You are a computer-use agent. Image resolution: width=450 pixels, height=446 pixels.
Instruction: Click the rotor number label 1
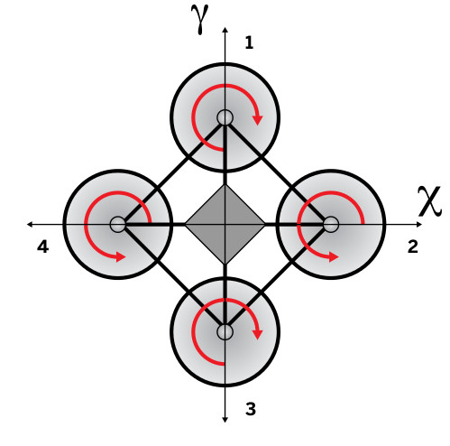[x=250, y=42]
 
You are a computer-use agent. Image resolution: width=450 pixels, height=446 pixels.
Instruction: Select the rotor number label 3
[x=250, y=409]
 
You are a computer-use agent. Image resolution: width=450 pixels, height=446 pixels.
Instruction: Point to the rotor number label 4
[x=42, y=246]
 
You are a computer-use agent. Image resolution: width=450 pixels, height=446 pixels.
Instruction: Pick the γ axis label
[x=199, y=15]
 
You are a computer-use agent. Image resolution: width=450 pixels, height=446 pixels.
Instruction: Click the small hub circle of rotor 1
[x=225, y=117]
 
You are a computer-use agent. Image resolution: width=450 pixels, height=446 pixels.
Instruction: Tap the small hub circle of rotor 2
[x=331, y=224]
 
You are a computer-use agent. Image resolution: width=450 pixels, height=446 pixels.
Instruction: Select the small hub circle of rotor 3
[x=225, y=332]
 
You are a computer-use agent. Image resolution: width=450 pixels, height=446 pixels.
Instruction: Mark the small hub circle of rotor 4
[x=117, y=224]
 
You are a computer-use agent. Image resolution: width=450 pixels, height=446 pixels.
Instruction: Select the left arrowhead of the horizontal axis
[x=32, y=224]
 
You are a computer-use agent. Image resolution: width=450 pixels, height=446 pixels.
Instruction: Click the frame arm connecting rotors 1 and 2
[x=278, y=171]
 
